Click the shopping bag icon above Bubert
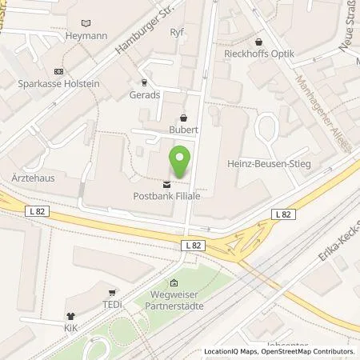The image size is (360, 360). (183, 117)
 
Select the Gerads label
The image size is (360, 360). (144, 94)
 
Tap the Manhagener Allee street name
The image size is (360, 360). (312, 101)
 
